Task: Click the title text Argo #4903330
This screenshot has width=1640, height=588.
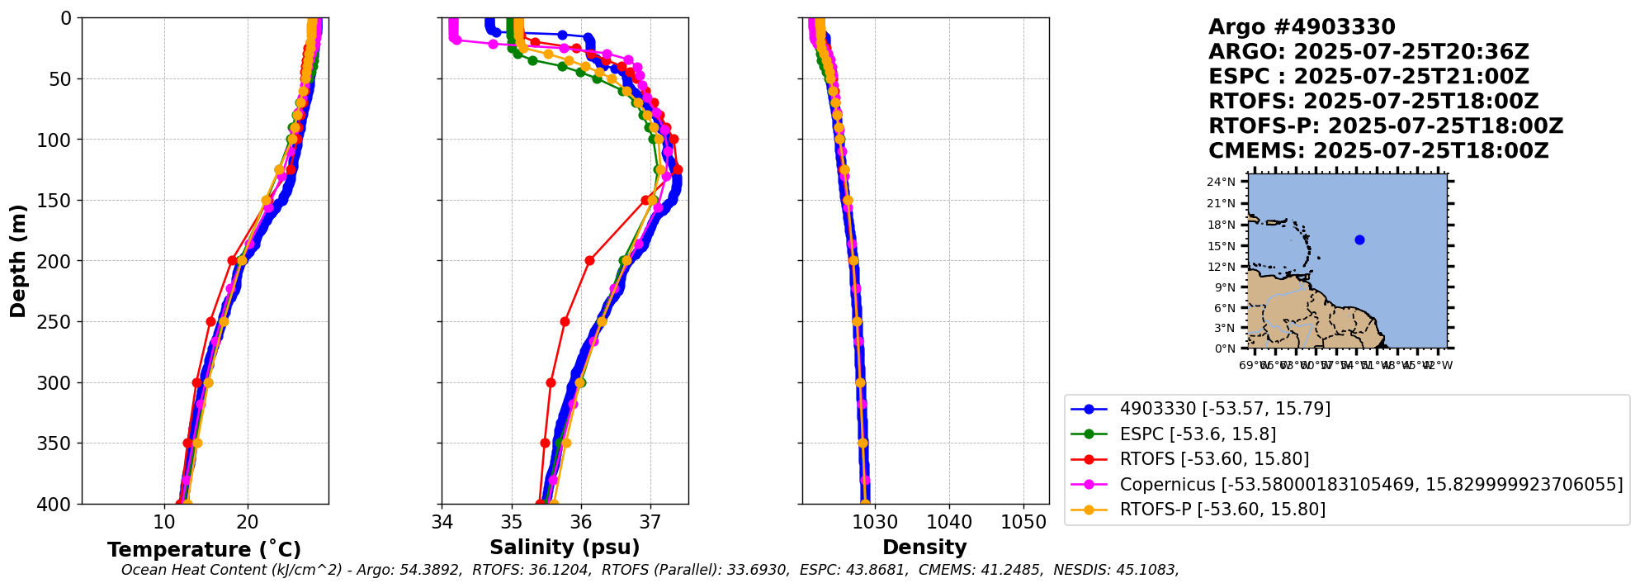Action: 1302,27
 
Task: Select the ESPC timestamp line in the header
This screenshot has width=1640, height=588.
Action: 1368,77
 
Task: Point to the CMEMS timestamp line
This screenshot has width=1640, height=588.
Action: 1378,151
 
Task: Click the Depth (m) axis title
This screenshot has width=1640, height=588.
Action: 18,261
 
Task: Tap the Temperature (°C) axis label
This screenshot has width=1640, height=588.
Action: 204,549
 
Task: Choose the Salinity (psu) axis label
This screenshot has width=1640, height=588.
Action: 565,547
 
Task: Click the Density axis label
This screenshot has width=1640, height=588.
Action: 924,547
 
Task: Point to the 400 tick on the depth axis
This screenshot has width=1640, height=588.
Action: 58,504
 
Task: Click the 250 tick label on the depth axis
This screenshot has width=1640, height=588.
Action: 58,322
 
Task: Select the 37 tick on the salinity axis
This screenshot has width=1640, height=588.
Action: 650,522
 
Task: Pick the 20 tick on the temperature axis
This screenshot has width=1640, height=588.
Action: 248,522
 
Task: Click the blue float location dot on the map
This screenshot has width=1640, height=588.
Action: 1359,240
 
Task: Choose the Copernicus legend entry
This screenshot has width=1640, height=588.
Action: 1370,485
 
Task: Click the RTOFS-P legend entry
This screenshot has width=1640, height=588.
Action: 1222,510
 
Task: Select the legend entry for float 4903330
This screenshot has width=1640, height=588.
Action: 1224,409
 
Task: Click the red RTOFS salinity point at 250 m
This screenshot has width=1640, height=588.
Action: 565,322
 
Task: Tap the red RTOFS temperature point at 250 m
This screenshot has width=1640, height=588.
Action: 210,322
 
